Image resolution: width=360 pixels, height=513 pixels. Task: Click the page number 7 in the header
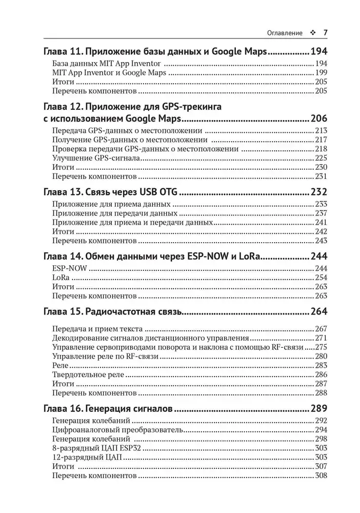(325, 33)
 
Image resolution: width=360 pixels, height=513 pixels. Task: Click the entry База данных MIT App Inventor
(107, 64)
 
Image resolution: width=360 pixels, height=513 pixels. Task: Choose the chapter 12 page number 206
(318, 119)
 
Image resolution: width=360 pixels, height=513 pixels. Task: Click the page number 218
(321, 149)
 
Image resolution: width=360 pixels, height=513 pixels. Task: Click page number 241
(321, 223)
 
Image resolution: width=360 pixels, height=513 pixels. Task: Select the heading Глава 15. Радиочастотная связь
(111, 311)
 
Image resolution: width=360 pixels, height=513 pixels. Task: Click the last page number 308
(321, 476)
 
